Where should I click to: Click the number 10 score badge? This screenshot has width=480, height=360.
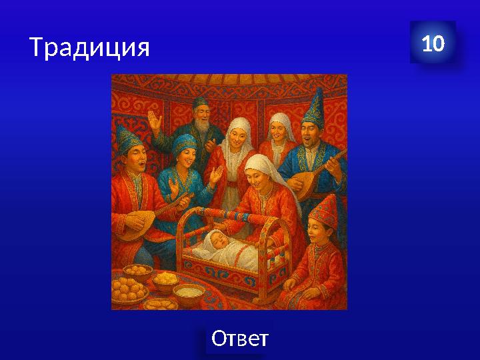pos(433,44)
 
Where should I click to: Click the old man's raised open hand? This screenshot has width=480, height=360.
pos(155,122)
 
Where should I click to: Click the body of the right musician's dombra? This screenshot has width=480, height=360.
pos(308,186)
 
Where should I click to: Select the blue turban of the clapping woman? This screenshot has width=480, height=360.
pos(183,143)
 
